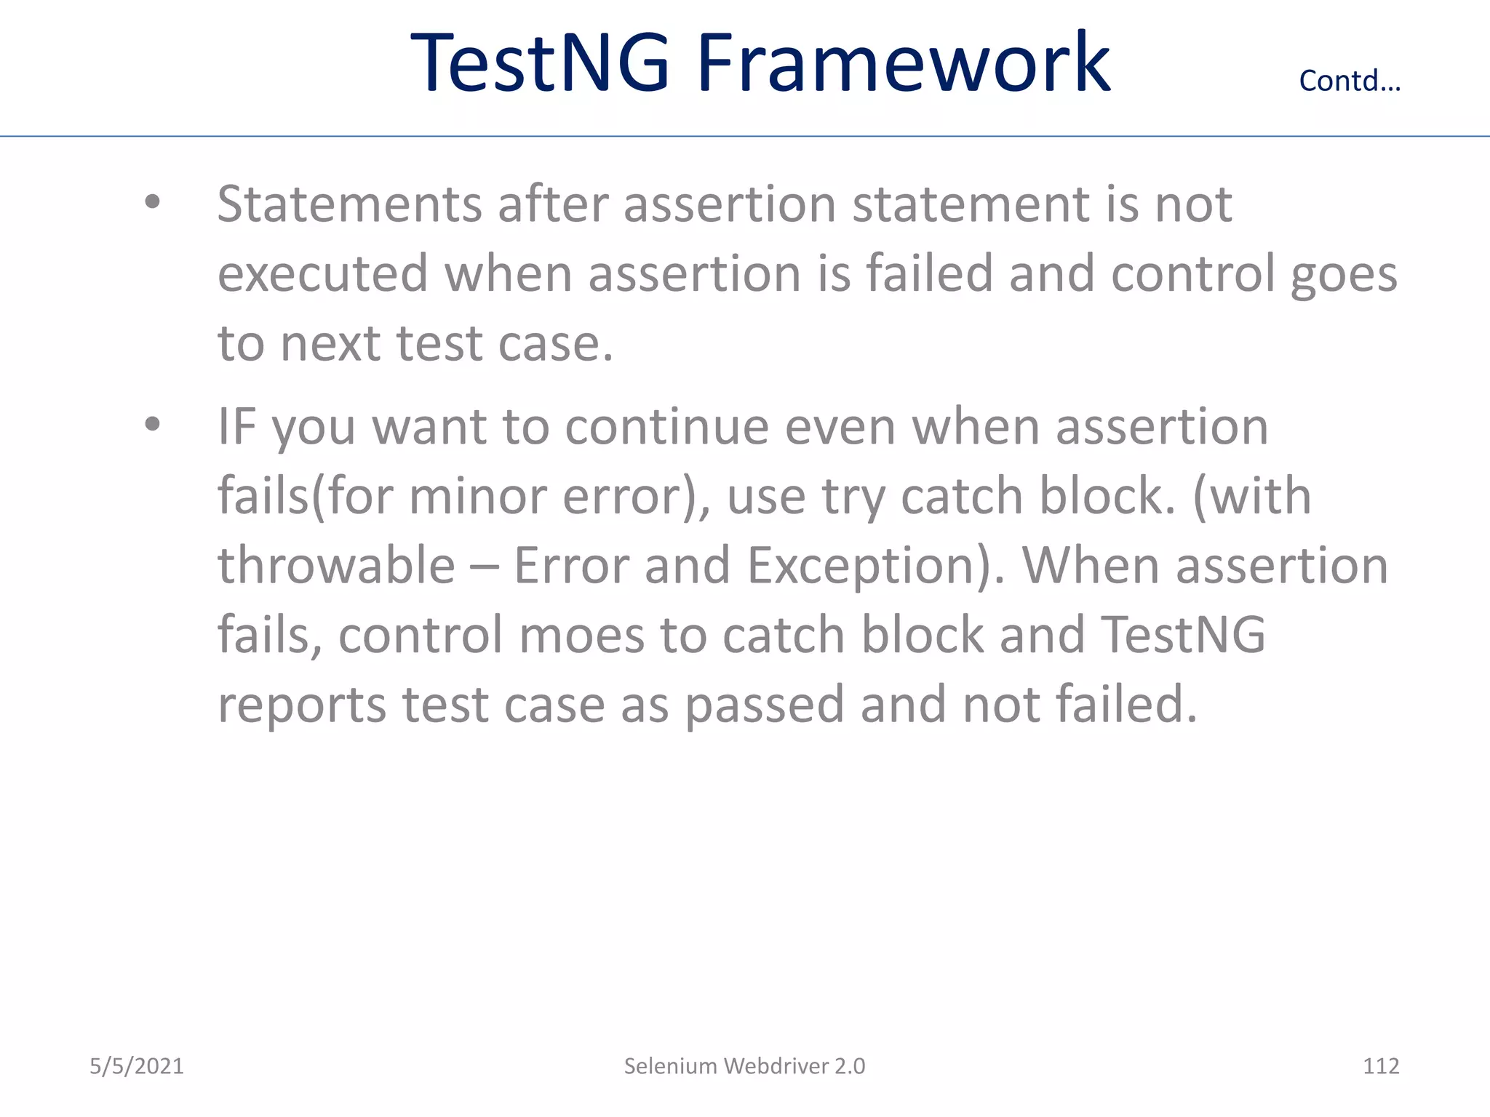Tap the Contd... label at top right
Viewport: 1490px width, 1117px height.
[x=1350, y=81]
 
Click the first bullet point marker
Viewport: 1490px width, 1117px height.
[x=152, y=203]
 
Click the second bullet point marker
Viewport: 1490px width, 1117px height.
[x=152, y=424]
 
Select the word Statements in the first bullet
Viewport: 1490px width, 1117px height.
[x=349, y=204]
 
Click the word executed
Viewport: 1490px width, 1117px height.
[x=323, y=273]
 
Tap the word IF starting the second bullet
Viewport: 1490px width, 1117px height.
[x=236, y=426]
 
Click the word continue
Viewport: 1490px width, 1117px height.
[x=666, y=426]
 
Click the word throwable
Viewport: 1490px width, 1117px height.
[x=336, y=565]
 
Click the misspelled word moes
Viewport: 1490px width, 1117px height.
[x=581, y=635]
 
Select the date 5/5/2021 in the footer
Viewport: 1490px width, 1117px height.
[x=137, y=1066]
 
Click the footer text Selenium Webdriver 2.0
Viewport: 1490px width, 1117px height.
[x=744, y=1066]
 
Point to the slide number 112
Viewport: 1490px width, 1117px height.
[x=1380, y=1066]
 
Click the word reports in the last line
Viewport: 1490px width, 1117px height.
[x=302, y=705]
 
